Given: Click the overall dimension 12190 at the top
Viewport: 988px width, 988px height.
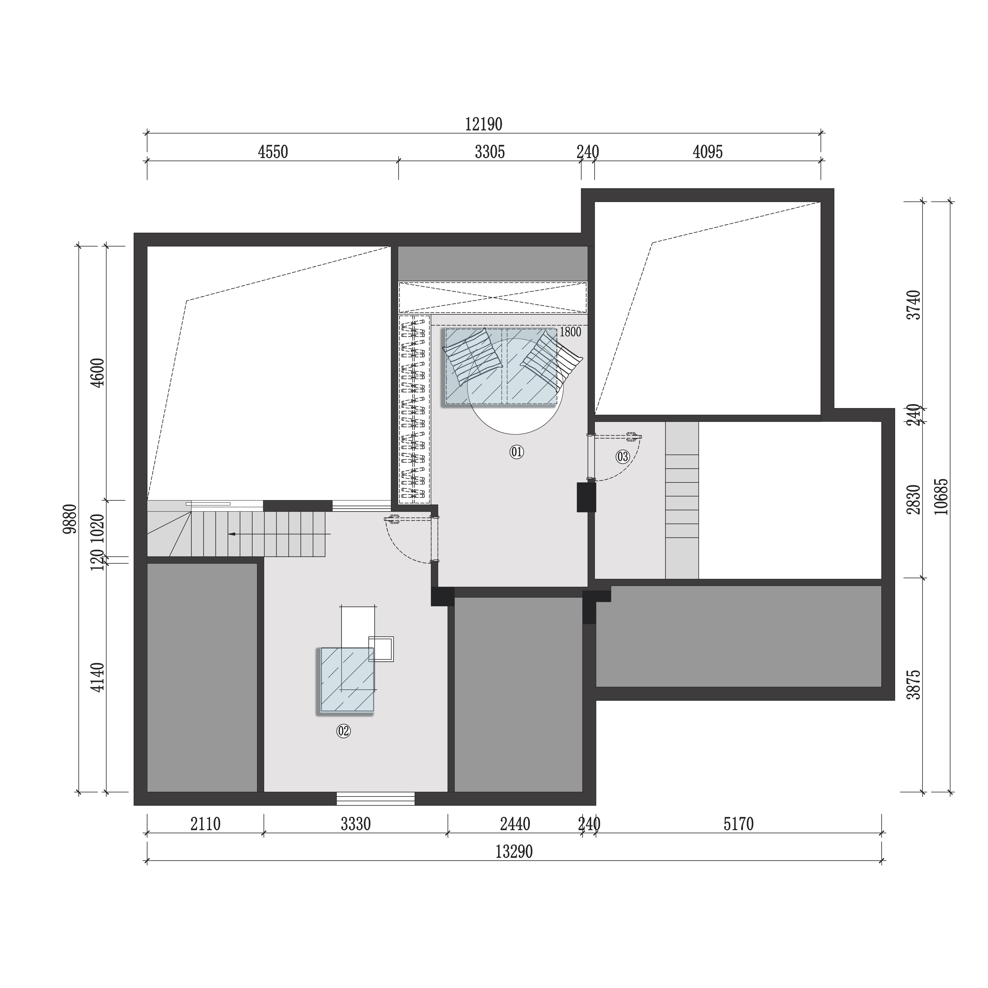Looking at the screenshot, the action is tap(483, 124).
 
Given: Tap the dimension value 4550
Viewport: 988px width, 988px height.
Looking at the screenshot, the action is tap(273, 152).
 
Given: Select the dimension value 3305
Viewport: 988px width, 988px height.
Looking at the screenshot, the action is tap(490, 152).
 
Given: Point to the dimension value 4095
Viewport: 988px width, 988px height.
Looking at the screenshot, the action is tap(708, 152).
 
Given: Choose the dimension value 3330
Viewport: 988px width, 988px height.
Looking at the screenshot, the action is tap(356, 824).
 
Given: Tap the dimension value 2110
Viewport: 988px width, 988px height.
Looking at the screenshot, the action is tap(206, 824).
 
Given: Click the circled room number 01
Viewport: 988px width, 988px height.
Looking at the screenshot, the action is tap(516, 452).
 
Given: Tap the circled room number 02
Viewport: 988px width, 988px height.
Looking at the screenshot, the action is tap(343, 731).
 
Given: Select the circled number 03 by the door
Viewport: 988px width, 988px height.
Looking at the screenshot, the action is tap(622, 456).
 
